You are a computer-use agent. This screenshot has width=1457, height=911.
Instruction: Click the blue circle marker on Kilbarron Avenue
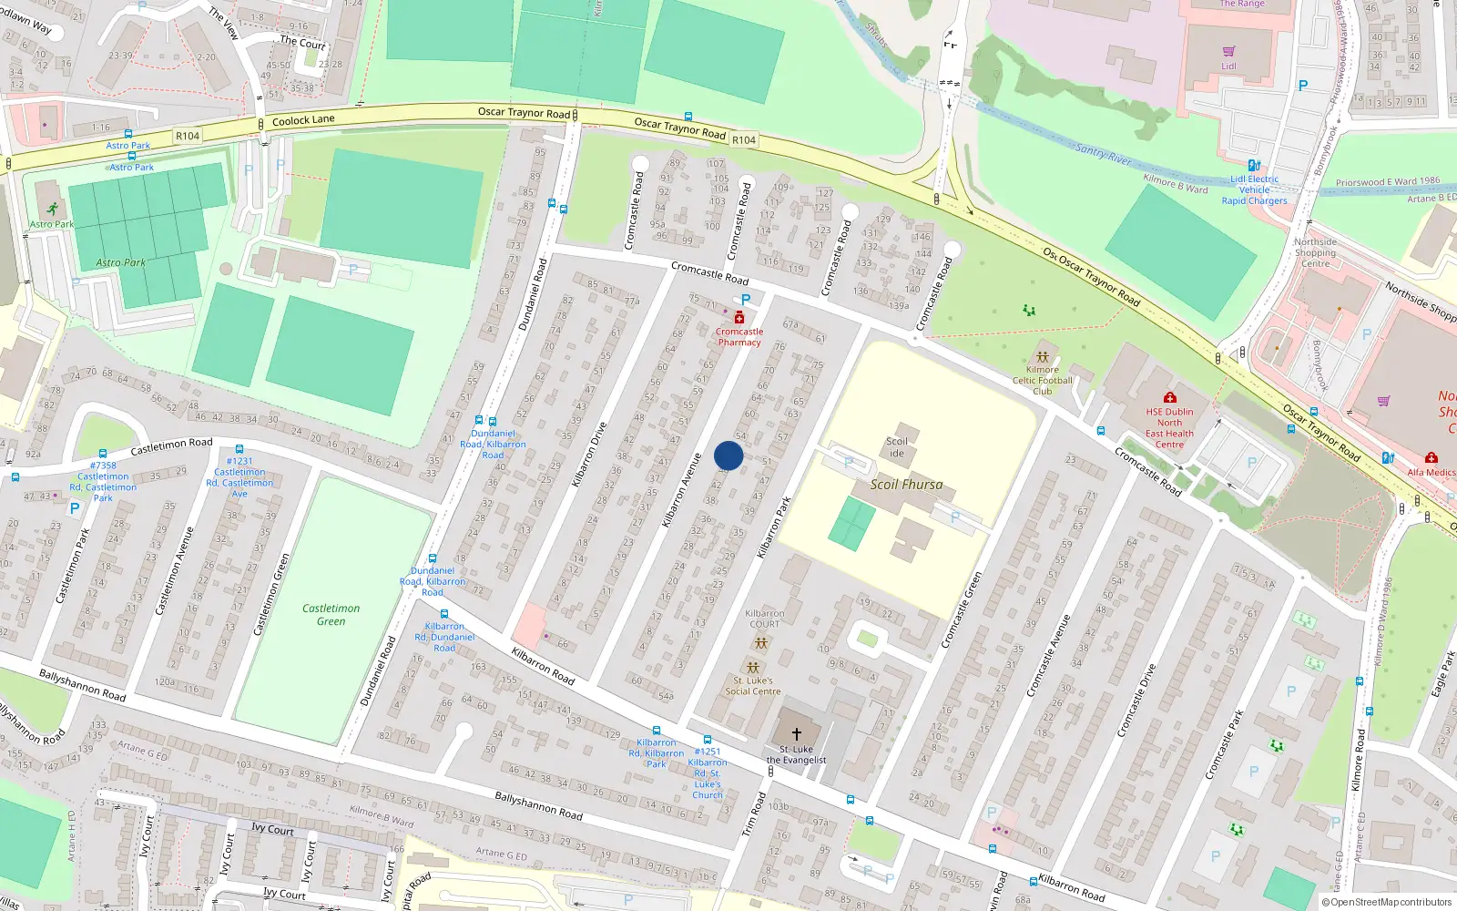pyautogui.click(x=728, y=455)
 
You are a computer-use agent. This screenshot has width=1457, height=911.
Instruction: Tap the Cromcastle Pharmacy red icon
pyautogui.click(x=739, y=318)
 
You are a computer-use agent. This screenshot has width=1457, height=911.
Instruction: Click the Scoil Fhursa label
pyautogui.click(x=906, y=485)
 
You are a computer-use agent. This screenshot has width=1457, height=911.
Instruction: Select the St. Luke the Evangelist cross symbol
pyautogui.click(x=796, y=733)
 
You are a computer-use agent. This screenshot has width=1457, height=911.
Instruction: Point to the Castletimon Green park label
pyautogui.click(x=331, y=615)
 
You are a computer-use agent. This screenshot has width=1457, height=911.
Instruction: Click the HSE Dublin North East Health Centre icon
pyautogui.click(x=1169, y=397)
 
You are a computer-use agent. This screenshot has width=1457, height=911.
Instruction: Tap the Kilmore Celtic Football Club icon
pyautogui.click(x=1042, y=357)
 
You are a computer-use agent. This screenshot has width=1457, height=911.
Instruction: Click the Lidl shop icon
pyautogui.click(x=1228, y=52)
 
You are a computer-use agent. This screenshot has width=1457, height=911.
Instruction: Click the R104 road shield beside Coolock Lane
pyautogui.click(x=188, y=136)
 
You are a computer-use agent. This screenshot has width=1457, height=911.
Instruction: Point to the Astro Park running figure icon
pyautogui.click(x=52, y=209)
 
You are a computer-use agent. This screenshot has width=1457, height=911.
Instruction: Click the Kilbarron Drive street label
pyautogui.click(x=588, y=455)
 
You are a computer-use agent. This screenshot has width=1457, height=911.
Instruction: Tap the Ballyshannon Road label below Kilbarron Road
pyautogui.click(x=538, y=805)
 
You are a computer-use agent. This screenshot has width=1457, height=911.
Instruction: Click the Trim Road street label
pyautogui.click(x=754, y=814)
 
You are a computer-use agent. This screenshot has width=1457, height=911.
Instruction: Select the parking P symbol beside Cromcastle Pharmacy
pyautogui.click(x=746, y=300)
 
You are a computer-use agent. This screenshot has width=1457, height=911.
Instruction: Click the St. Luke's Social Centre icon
pyautogui.click(x=752, y=667)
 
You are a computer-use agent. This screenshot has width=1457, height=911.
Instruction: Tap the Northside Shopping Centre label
pyautogui.click(x=1315, y=253)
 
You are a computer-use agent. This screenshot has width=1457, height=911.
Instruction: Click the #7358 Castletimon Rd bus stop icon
pyautogui.click(x=102, y=453)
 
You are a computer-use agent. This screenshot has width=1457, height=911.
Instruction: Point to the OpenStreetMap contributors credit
pyautogui.click(x=1386, y=903)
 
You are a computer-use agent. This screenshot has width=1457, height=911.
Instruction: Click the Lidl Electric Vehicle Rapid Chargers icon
pyautogui.click(x=1254, y=166)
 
